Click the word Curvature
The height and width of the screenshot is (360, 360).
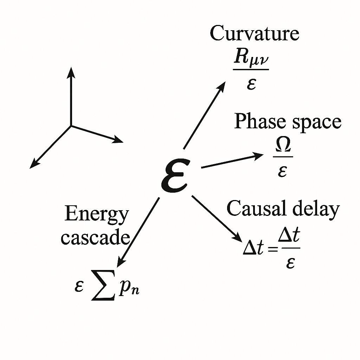pyautogui.click(x=254, y=34)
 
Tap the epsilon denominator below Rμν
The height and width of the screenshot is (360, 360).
pyautogui.click(x=251, y=84)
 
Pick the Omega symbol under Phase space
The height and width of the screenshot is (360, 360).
pyautogui.click(x=282, y=147)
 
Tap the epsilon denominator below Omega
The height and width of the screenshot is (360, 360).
pyautogui.click(x=282, y=171)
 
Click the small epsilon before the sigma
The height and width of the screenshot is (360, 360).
pyautogui.click(x=79, y=287)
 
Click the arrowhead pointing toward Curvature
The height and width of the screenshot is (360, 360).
pyautogui.click(x=222, y=86)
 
